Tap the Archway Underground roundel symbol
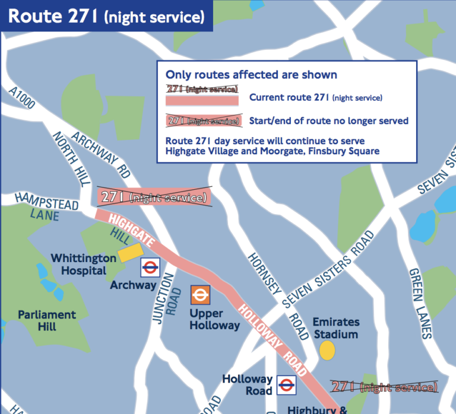coord(150,268)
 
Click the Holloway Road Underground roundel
coord(287,385)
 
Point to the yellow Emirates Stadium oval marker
coord(327,350)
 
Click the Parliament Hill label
coord(46,321)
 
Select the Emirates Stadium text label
coord(335,328)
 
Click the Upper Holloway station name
coord(214,319)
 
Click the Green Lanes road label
coord(419,302)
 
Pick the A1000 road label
coord(22,98)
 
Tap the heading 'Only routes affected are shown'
coord(251,75)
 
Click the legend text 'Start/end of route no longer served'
coord(328,121)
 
